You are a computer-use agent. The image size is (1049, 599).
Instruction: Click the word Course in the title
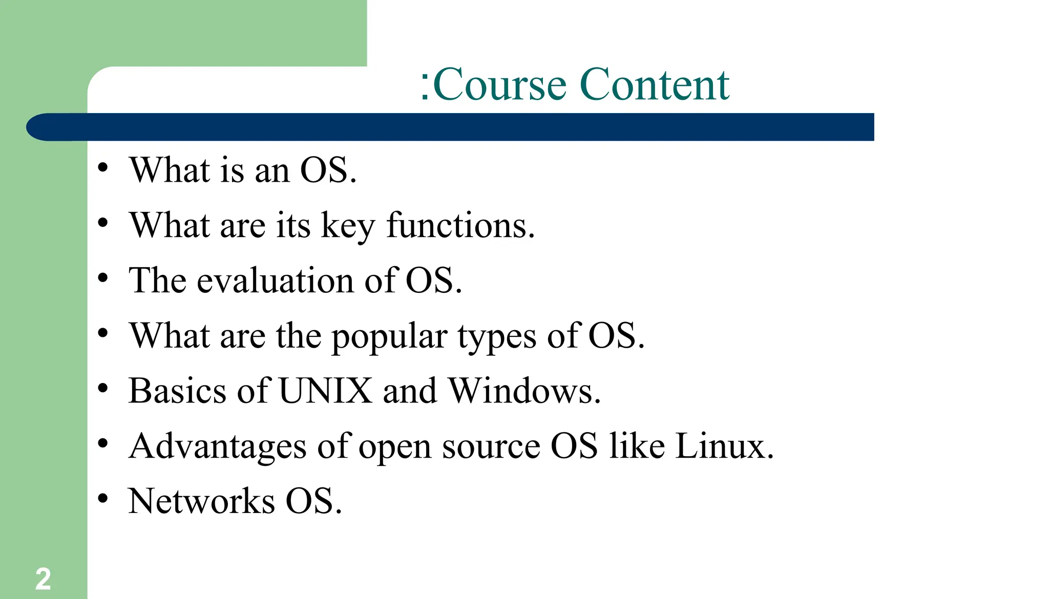pos(500,84)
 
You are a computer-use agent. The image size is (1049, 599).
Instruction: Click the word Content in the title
pos(655,84)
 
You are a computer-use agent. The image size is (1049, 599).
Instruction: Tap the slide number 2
pos(43,579)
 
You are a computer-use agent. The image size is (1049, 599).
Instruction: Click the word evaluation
pos(276,281)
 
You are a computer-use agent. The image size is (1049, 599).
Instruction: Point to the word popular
pos(389,337)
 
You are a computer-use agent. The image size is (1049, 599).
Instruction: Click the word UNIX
pos(326,391)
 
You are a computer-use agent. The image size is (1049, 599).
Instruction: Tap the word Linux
pos(723,446)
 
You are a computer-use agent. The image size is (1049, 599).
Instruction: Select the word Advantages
pos(218,446)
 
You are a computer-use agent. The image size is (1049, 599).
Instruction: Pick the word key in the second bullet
pos(348,226)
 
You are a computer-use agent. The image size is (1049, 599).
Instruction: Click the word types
pos(497,337)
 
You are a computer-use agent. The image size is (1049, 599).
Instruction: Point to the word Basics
pos(177,391)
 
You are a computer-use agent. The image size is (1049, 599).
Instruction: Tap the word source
pos(491,447)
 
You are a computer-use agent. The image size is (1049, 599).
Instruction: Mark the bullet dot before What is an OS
pos(103,167)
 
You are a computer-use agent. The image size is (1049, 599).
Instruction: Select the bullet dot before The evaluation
pos(103,277)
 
